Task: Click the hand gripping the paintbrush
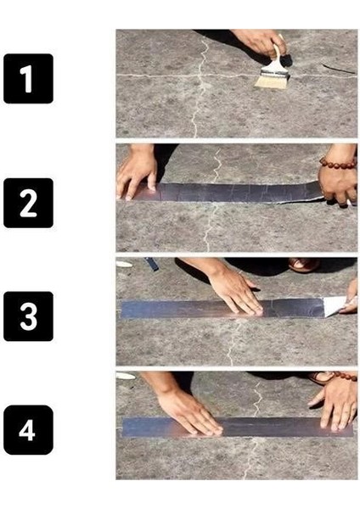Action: [260, 43]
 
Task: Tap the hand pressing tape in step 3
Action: [233, 294]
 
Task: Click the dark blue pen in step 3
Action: [152, 264]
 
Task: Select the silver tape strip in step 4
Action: [238, 425]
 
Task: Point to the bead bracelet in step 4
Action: [333, 378]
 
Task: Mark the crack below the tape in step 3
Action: [230, 344]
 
